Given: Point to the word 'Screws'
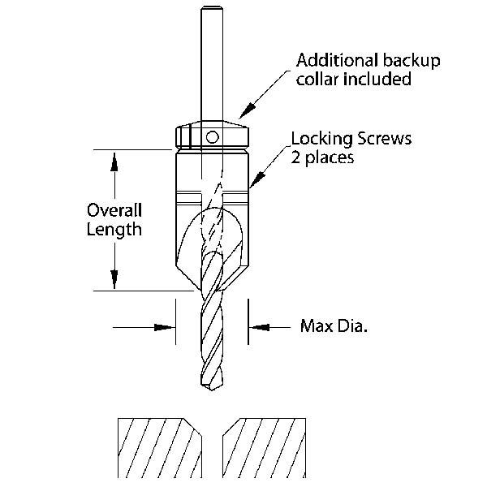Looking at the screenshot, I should coord(384,138).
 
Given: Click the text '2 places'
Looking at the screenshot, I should coord(322,157).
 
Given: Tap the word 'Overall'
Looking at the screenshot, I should coord(115,209).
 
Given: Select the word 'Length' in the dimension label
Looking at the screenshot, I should coord(115,229).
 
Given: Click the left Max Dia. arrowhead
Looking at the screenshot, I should coord(168,327).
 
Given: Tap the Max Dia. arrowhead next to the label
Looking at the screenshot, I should coord(257,327).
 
